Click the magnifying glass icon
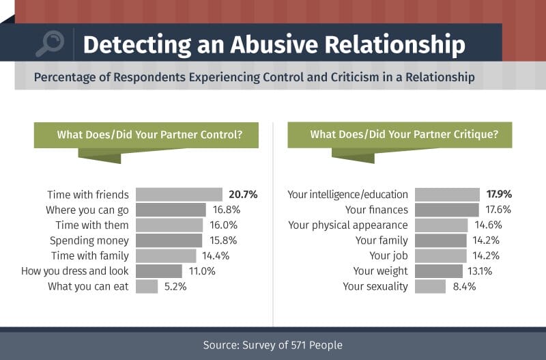50,44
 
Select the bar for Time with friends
179,195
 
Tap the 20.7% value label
243,195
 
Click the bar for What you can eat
147,286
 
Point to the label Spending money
89,240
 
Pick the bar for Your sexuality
430,286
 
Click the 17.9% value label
499,194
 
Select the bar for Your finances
447,210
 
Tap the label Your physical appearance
348,225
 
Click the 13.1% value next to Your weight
480,271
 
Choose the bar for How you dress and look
159,271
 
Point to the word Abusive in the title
274,44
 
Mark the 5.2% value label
175,286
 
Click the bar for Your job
440,255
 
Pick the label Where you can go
87,210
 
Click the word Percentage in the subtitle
64,77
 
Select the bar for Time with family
166,255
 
